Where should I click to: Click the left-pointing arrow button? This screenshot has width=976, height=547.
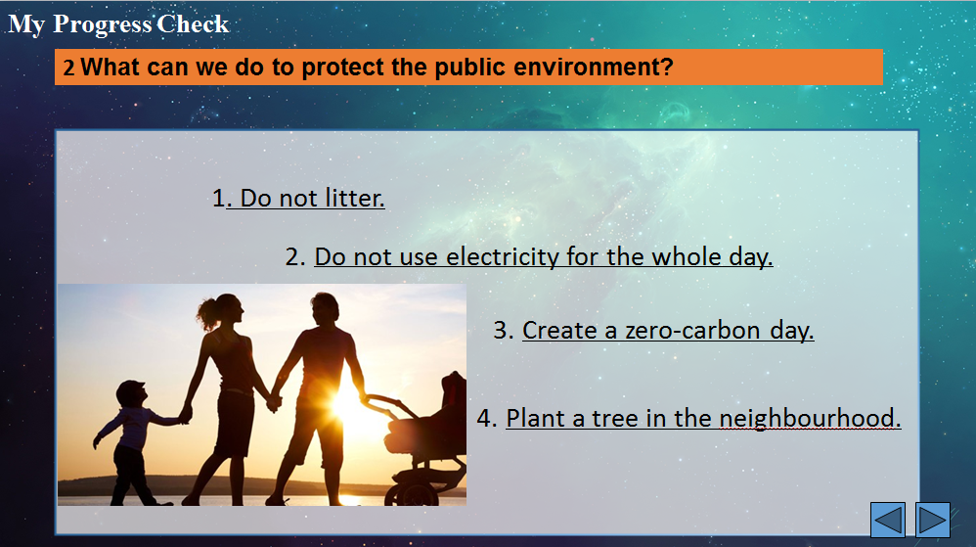(x=888, y=520)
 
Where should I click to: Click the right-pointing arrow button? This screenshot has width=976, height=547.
(x=932, y=520)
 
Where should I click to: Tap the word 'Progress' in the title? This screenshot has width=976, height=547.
(x=102, y=24)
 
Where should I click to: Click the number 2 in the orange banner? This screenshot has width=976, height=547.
(x=68, y=68)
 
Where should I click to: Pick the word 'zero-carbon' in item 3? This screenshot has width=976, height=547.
(x=692, y=330)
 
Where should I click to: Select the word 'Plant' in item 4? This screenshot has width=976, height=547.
(x=535, y=418)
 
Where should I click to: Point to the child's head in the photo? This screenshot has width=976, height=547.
(x=131, y=393)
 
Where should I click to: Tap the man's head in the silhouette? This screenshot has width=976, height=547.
(x=325, y=309)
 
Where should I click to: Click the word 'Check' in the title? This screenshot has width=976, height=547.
(x=193, y=24)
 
